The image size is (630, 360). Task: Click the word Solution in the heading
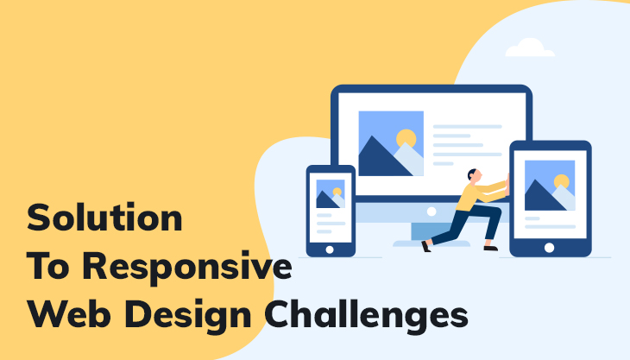click(x=104, y=218)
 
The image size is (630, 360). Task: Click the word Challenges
click(x=373, y=313)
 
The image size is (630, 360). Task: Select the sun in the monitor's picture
click(x=406, y=138)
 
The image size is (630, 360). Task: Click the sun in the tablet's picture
click(x=562, y=181)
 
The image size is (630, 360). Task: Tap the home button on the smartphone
click(x=330, y=248)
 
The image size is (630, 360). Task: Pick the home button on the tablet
click(x=550, y=247)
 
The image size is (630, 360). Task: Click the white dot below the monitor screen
click(x=431, y=210)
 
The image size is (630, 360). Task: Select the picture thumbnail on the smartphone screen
click(x=330, y=193)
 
